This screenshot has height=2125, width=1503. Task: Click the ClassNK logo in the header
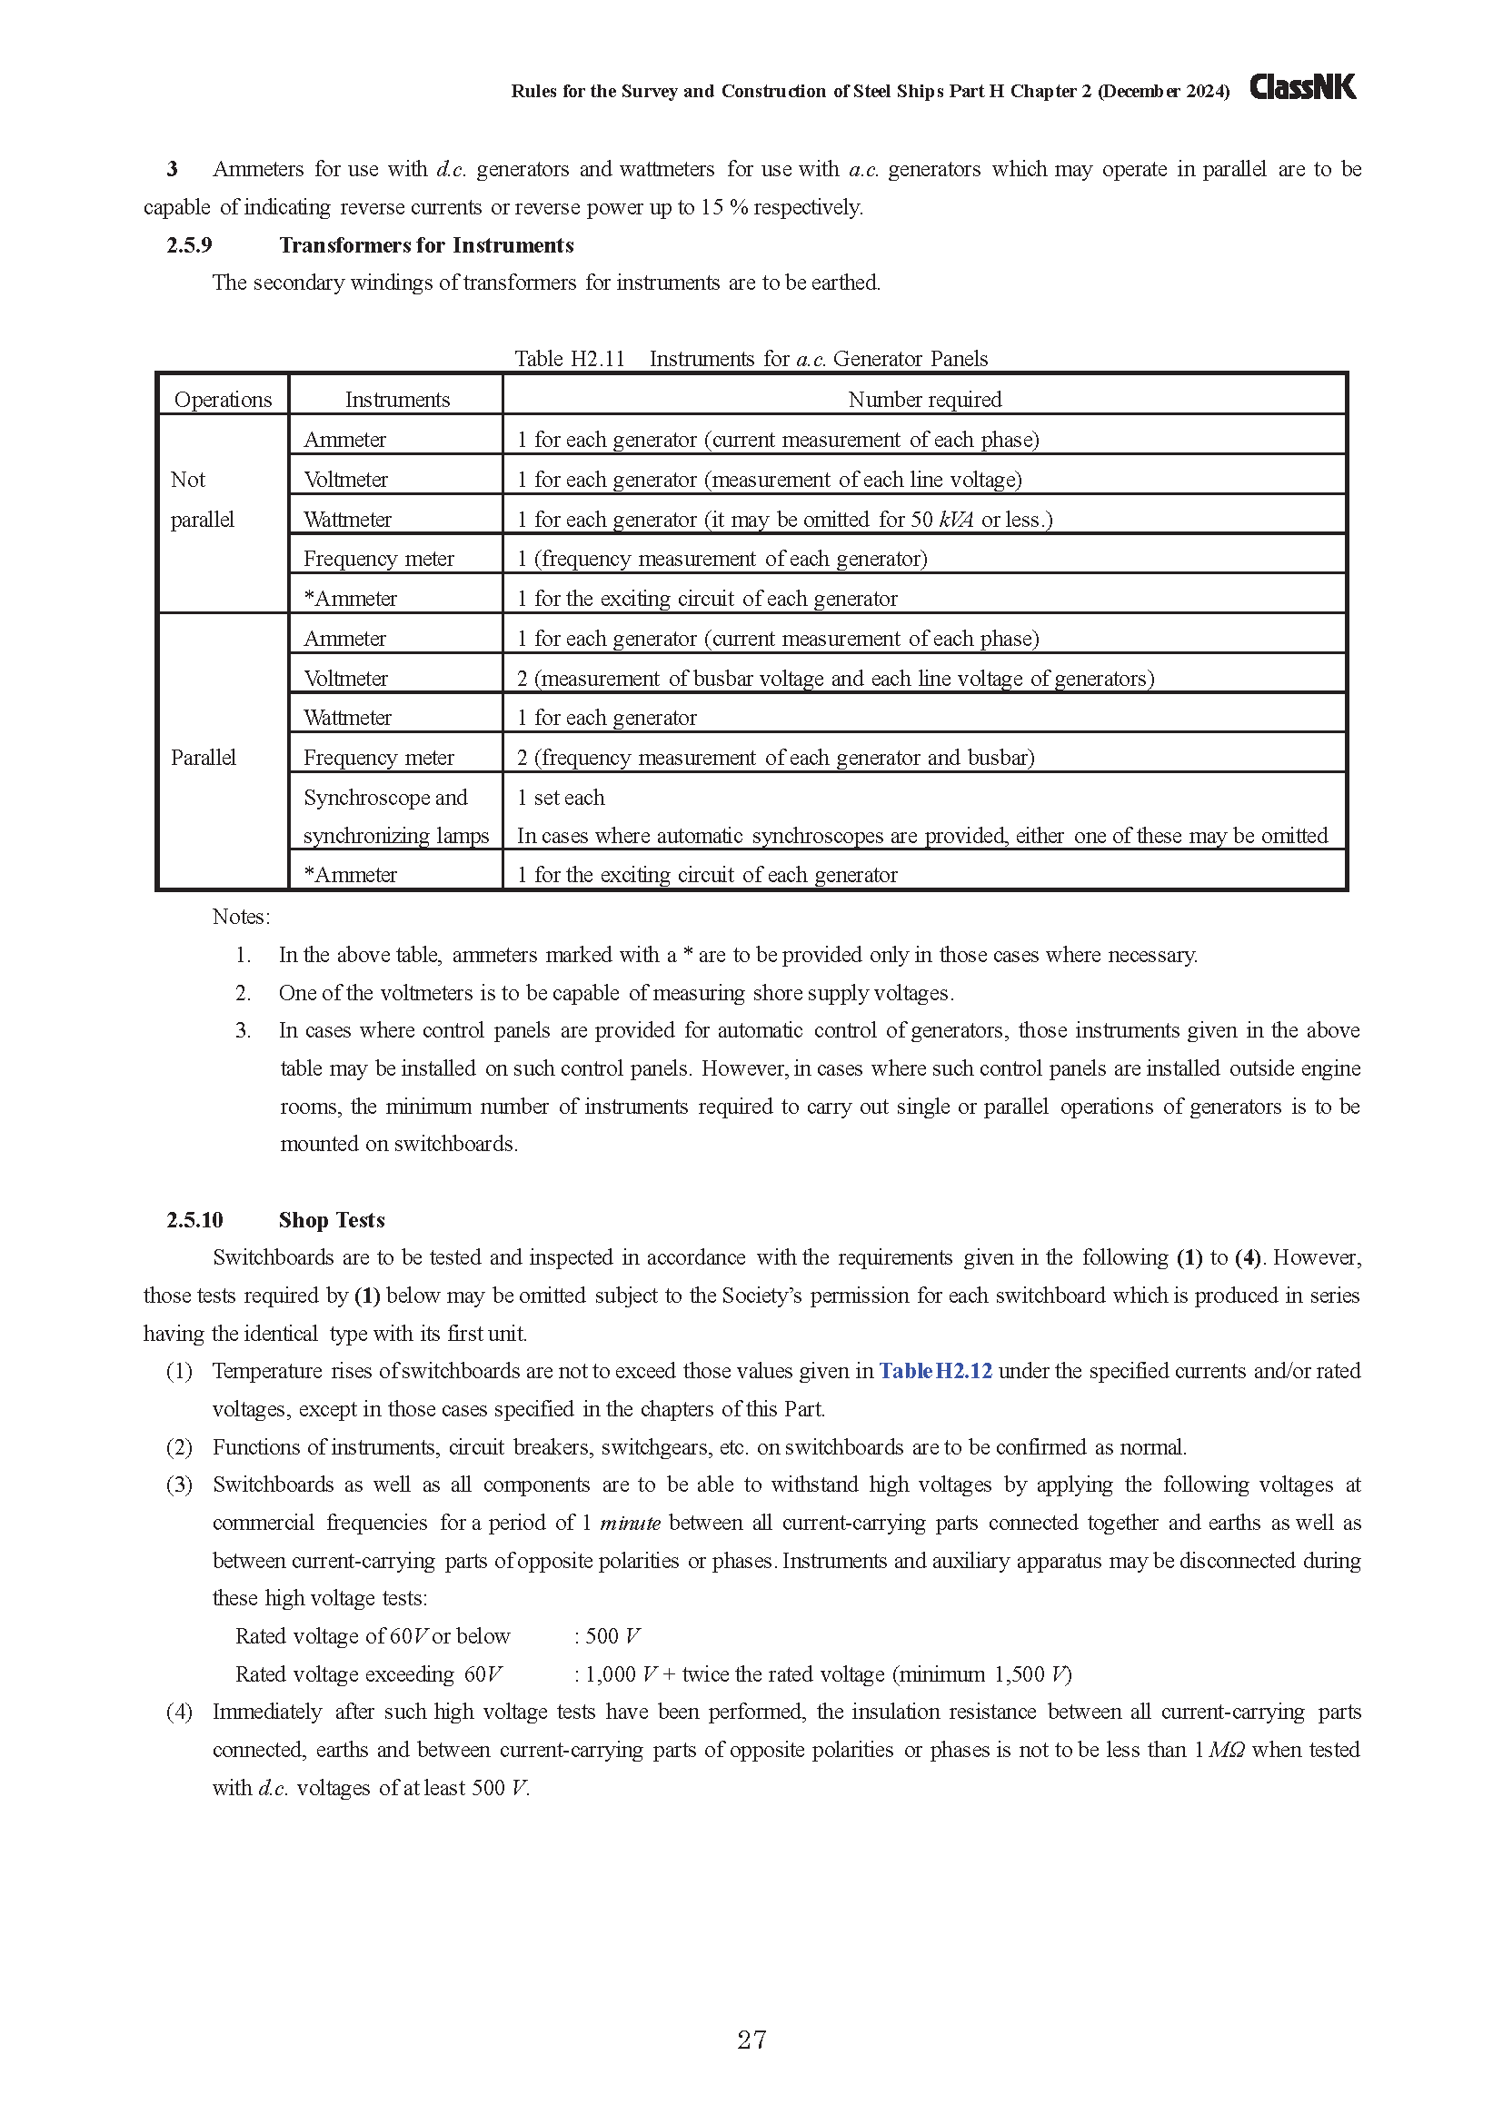tap(1302, 87)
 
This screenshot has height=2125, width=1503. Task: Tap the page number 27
tap(751, 2039)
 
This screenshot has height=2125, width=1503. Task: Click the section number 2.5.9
tap(190, 245)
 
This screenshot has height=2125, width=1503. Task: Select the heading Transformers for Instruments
tap(427, 245)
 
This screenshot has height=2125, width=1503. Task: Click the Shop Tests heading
tap(332, 1220)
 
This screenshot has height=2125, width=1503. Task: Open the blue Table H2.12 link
tap(935, 1371)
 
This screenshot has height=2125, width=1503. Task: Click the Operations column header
tap(223, 399)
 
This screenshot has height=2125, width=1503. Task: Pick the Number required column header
tap(923, 399)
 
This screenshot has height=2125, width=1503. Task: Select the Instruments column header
tap(397, 399)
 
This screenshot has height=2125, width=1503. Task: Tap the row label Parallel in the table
tap(204, 757)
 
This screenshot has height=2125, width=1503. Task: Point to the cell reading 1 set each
tap(561, 798)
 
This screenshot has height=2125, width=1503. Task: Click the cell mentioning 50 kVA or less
tap(784, 520)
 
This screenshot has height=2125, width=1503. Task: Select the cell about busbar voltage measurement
tap(835, 679)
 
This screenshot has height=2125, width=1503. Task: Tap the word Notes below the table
tap(241, 917)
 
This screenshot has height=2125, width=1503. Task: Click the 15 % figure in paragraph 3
tap(722, 207)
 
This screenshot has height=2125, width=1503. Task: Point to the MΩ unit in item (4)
tap(1226, 1749)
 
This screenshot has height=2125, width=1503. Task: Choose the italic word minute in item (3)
tap(630, 1523)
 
